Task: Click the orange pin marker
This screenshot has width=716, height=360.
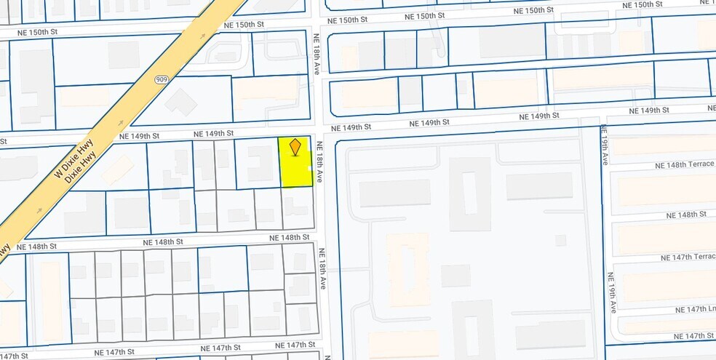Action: point(295,148)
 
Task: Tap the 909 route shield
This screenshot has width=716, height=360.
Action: point(161,79)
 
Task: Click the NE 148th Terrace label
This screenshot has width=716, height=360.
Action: point(684,165)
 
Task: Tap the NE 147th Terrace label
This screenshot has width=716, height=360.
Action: point(688,258)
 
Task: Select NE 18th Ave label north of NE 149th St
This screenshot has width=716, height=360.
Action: point(317,54)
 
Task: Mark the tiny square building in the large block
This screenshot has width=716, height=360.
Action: point(560,240)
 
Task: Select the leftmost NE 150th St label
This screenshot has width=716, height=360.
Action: point(28,33)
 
